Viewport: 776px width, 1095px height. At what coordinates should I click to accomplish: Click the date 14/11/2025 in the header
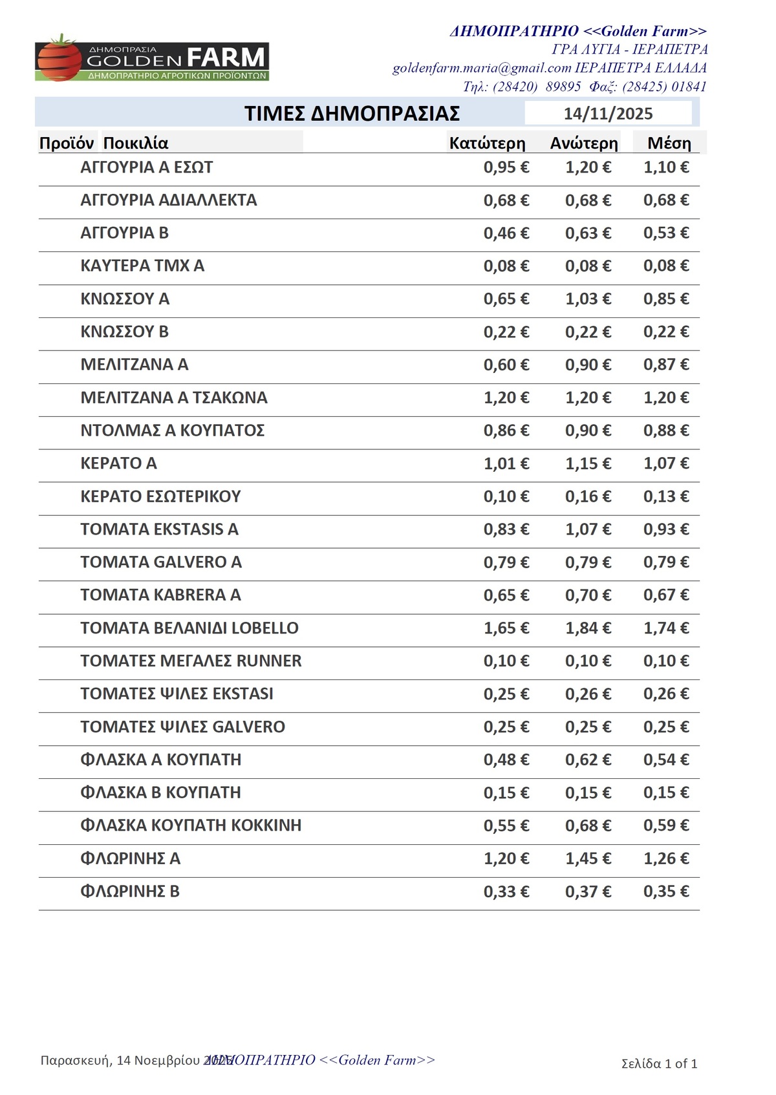click(608, 114)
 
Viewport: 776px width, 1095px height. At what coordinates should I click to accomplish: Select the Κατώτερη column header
click(487, 143)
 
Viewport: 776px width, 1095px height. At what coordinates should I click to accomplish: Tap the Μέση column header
click(669, 143)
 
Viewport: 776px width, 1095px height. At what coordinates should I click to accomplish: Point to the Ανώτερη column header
click(584, 143)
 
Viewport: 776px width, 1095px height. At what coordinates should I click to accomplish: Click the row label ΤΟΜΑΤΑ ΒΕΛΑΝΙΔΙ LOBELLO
click(189, 628)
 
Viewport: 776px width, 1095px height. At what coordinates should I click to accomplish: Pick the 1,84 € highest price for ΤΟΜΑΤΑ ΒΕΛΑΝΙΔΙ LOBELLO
click(588, 628)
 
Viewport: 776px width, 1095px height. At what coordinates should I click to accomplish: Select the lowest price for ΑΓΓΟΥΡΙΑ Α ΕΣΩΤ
click(506, 167)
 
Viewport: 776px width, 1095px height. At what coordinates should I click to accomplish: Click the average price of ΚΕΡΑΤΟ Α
click(666, 463)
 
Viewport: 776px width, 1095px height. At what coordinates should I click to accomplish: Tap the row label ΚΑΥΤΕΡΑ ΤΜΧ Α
click(142, 266)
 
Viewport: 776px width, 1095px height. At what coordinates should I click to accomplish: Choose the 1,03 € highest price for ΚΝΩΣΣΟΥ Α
click(588, 299)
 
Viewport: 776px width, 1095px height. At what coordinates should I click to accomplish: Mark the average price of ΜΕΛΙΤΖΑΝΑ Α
click(666, 365)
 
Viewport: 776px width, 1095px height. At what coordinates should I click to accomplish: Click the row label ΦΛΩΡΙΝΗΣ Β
click(130, 891)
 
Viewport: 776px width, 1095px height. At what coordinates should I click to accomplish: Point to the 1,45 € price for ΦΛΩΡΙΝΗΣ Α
click(588, 858)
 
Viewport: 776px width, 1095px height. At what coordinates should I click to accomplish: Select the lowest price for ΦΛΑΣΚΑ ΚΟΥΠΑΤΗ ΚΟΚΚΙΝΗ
click(506, 825)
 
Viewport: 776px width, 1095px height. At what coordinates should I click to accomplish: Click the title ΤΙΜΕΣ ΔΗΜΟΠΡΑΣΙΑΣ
click(352, 114)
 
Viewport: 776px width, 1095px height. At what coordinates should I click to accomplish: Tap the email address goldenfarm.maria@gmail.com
click(482, 68)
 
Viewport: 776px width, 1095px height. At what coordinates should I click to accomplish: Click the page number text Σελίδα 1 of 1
click(659, 1063)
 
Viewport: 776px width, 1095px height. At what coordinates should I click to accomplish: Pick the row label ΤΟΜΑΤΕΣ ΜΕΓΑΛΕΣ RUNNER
click(191, 661)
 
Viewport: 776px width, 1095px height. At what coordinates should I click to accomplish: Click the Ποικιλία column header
click(136, 143)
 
